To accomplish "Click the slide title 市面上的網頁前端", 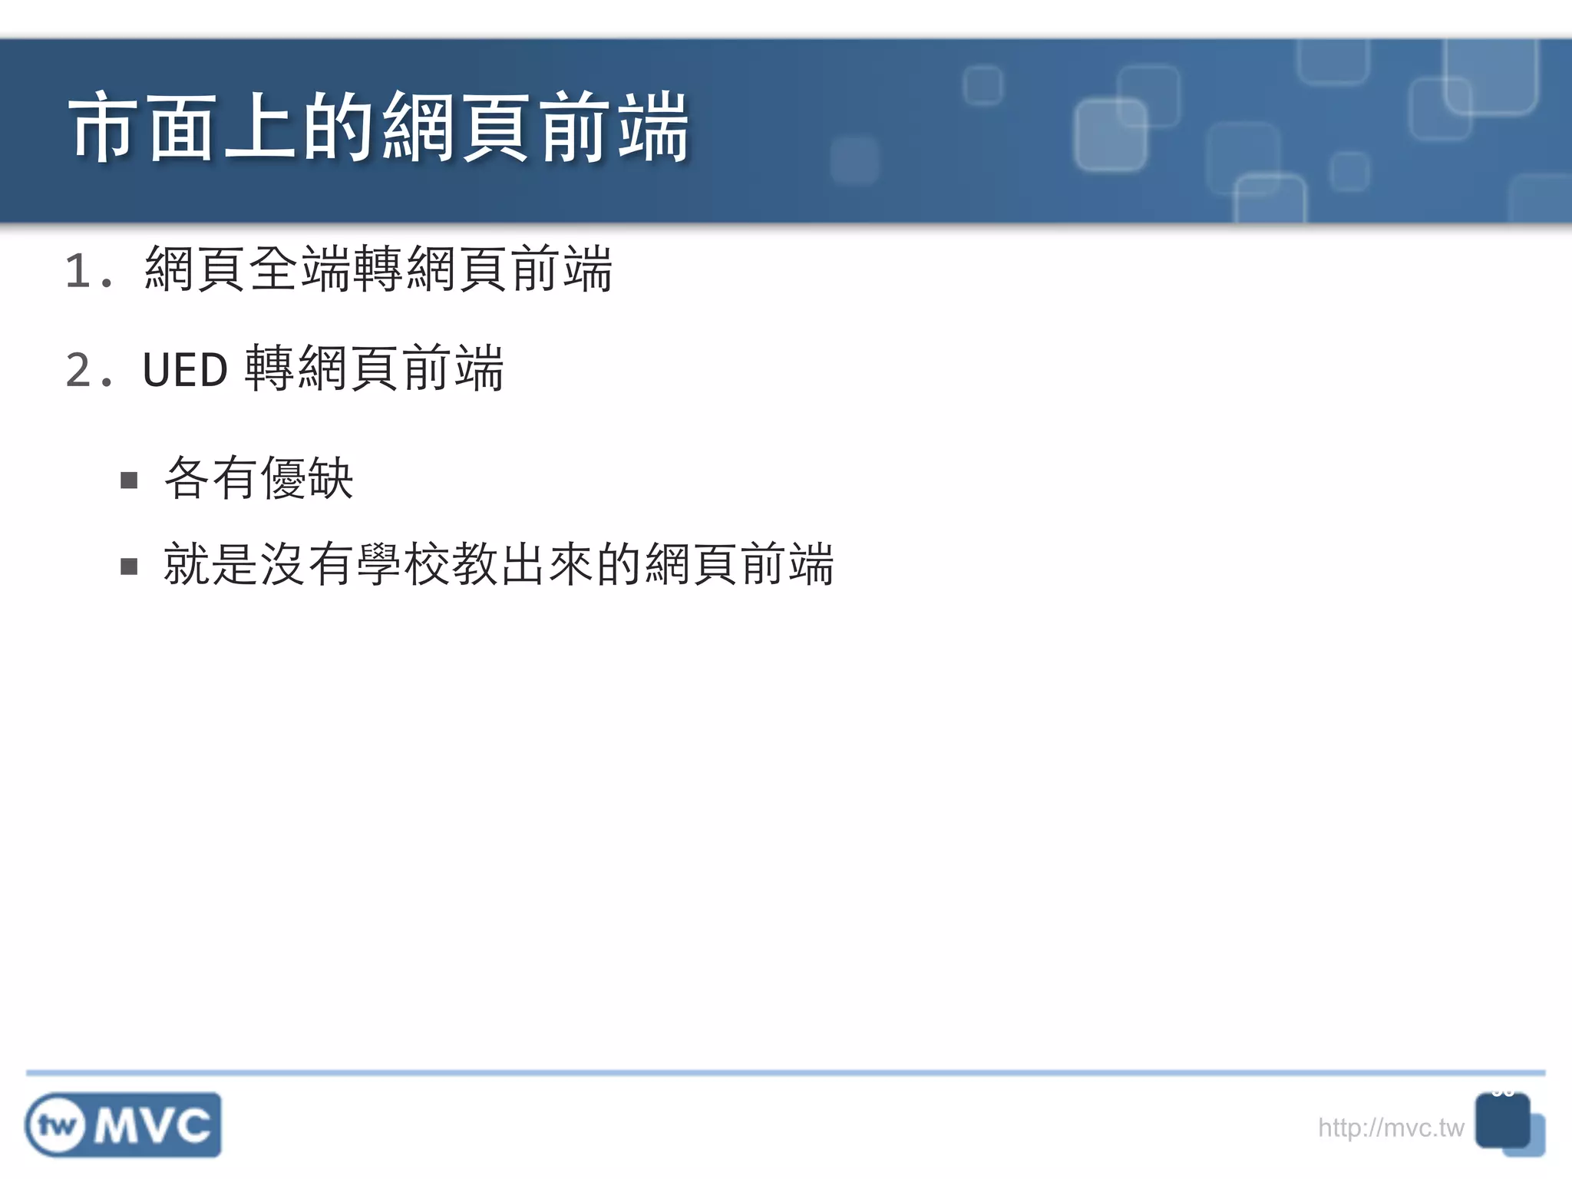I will tap(379, 128).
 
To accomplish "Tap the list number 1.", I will tap(80, 271).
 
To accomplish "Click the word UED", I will tap(184, 370).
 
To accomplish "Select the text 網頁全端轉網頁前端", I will tap(378, 269).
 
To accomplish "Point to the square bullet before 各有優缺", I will tap(129, 481).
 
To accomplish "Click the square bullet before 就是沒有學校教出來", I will tap(129, 566).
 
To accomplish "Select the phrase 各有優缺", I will tap(259, 478).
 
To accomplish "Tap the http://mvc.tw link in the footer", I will tap(1390, 1128).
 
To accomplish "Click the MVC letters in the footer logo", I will tap(153, 1126).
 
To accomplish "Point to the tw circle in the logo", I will tap(56, 1126).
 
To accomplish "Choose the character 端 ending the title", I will tap(653, 128).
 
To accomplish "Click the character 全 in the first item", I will tap(274, 269).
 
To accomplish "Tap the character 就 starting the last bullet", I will tap(187, 564).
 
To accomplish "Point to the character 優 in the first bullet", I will tap(283, 478).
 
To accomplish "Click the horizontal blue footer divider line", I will tap(786, 1072).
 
